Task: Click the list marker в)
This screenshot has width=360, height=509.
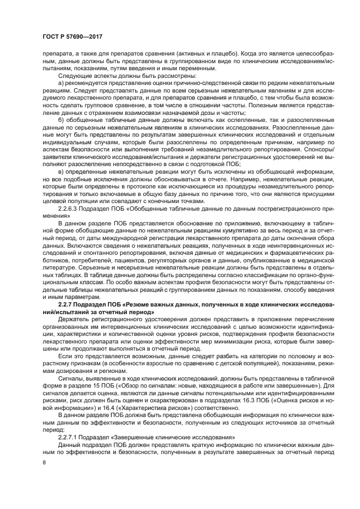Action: (60, 172)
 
